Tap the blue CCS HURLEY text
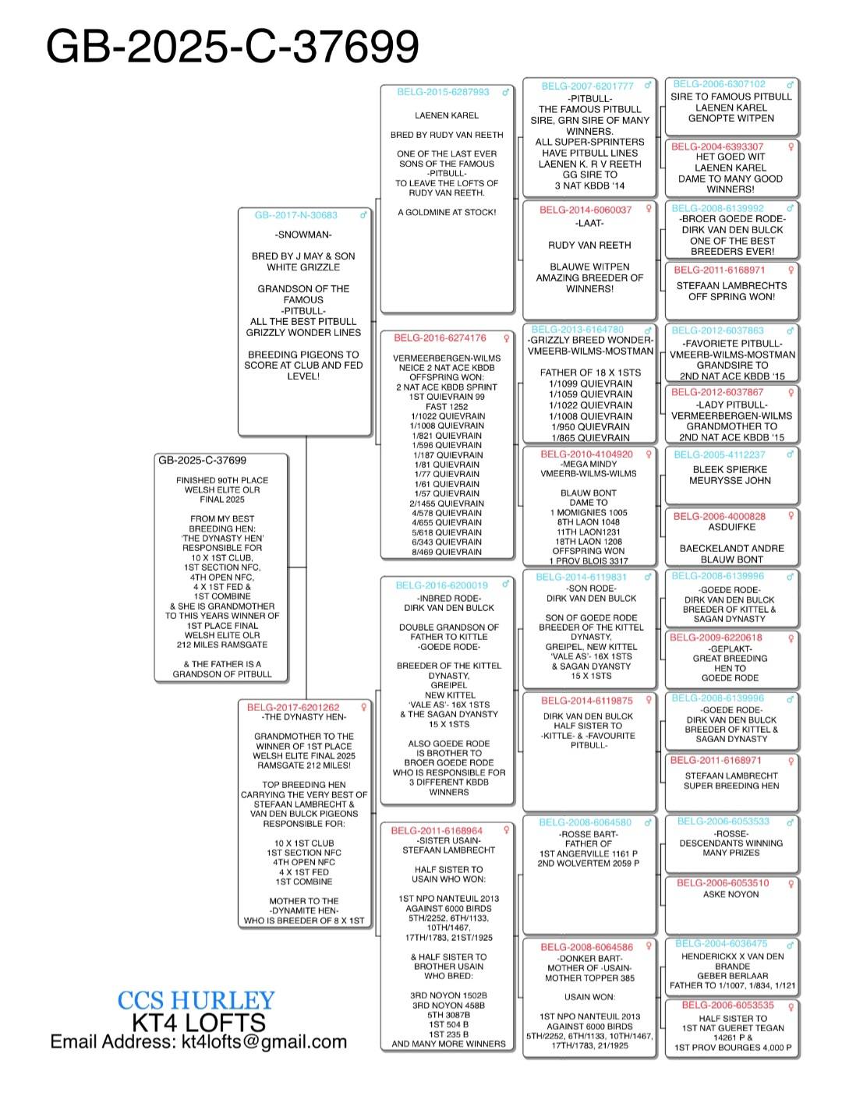196,1000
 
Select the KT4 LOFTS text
199,1022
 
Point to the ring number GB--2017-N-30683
296,215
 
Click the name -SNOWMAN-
303,235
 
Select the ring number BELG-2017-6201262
293,707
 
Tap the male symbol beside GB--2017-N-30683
363,215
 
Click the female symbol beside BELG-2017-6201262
363,707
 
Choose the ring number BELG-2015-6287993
443,92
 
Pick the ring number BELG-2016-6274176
440,338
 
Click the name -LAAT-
589,223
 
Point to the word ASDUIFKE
731,527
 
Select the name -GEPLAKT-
731,649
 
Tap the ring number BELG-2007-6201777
587,87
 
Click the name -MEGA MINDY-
589,464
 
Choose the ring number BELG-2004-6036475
721,943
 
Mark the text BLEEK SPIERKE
731,469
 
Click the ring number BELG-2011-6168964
437,831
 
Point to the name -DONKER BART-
589,959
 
